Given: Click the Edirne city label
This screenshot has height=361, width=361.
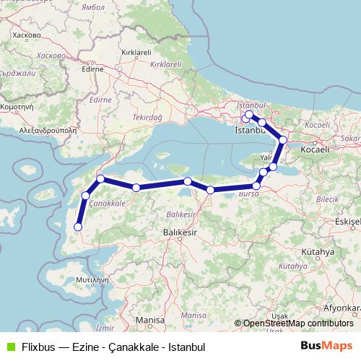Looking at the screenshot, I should [93, 71].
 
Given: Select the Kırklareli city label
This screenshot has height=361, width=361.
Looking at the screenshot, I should [136, 53].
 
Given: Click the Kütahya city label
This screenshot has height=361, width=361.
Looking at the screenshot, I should [318, 252].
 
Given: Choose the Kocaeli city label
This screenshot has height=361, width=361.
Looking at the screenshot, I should [316, 149].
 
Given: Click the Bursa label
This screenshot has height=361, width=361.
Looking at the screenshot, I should [248, 195].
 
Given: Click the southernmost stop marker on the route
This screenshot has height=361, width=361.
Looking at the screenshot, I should [78, 228].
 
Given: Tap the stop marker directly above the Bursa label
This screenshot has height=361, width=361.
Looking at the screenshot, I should [256, 186].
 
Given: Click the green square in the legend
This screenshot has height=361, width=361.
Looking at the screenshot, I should [9, 347].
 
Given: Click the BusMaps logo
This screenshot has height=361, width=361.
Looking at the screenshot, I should [326, 346].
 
